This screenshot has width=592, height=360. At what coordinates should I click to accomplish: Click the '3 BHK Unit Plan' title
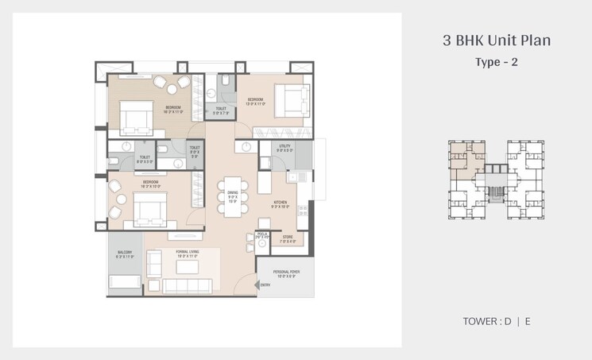click(497, 40)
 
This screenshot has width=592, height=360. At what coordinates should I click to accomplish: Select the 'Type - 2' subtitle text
click(497, 62)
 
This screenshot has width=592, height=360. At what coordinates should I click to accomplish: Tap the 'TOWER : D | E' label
click(497, 322)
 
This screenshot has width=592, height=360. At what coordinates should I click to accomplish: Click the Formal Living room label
click(188, 254)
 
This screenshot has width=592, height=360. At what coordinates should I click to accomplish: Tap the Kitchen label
click(281, 203)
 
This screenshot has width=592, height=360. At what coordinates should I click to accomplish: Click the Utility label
click(284, 148)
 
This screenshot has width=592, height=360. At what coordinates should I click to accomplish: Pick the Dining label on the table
click(233, 195)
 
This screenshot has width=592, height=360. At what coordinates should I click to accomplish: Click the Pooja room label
click(262, 236)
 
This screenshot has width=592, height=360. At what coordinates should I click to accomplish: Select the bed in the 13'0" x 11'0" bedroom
click(290, 99)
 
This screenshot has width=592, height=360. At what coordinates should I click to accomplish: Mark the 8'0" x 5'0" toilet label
click(145, 159)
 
